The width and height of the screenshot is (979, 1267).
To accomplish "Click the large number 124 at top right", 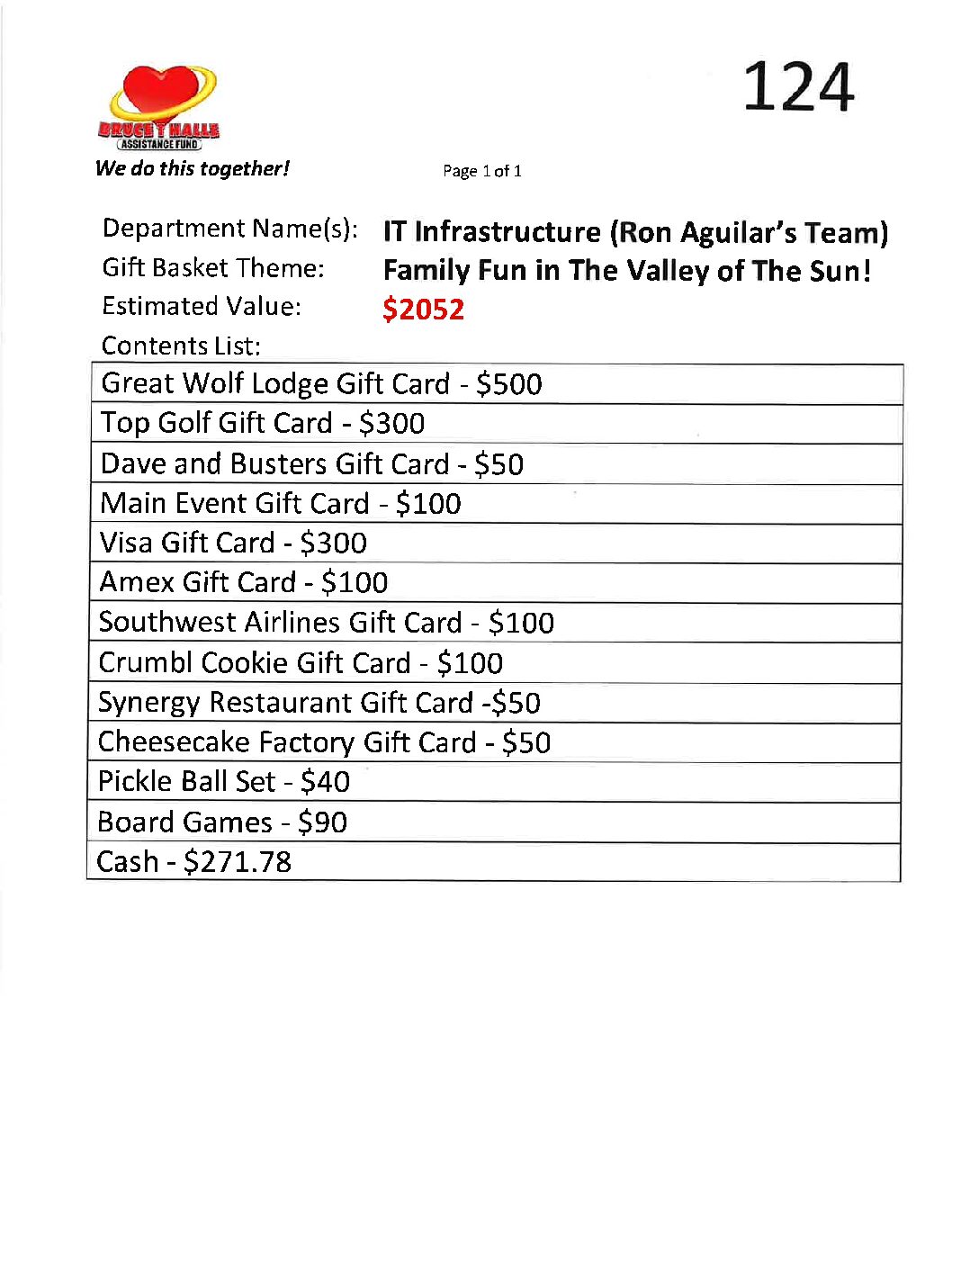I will tap(797, 87).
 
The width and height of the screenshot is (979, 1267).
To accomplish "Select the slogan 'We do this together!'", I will tap(192, 168).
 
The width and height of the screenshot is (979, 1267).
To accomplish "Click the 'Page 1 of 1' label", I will tap(481, 171).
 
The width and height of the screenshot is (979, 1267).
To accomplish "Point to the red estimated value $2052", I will tap(423, 310).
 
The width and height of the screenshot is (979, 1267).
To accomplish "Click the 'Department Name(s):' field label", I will tap(229, 229).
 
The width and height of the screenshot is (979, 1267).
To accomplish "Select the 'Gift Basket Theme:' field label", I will tap(213, 268).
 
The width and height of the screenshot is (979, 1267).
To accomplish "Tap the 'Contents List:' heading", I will tap(181, 346).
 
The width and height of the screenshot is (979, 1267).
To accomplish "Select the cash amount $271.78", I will tap(238, 862).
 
